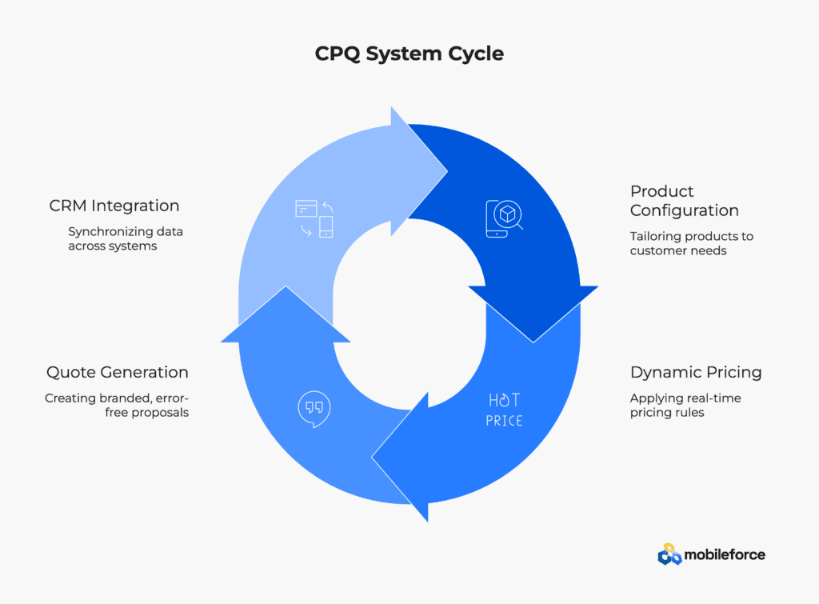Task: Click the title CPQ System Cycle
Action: (409, 54)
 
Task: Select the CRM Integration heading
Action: (114, 206)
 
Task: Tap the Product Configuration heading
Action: (685, 201)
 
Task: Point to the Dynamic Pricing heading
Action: (696, 373)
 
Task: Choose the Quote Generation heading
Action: (118, 372)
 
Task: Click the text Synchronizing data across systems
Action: (126, 238)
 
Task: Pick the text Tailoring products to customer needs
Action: (692, 243)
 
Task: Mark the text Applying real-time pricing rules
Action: (685, 406)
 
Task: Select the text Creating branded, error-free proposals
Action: (117, 406)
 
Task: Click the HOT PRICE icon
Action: (504, 410)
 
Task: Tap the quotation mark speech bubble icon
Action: (314, 409)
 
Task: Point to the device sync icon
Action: (314, 219)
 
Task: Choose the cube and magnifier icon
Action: (504, 218)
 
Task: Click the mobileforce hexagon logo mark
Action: (669, 554)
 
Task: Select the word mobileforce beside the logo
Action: (725, 555)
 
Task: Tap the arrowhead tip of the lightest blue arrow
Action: (447, 171)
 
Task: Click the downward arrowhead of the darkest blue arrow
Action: (533, 342)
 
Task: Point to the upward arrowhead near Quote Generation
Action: (286, 286)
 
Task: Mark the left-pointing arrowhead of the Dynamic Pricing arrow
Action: (372, 457)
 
